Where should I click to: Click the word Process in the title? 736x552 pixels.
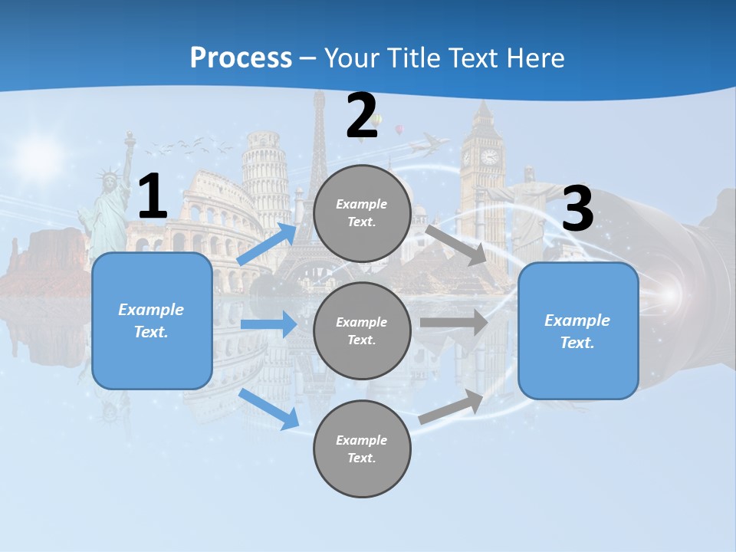click(x=241, y=58)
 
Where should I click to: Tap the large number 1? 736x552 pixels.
click(x=153, y=197)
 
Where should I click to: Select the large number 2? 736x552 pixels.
click(x=362, y=117)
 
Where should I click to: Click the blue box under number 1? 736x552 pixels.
click(x=152, y=320)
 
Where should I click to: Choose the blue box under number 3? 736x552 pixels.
click(x=578, y=331)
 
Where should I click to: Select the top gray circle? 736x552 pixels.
click(x=362, y=213)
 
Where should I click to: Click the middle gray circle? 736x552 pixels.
click(x=362, y=330)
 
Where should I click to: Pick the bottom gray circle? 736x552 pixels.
click(x=362, y=449)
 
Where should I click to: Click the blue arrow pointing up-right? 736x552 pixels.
click(x=267, y=244)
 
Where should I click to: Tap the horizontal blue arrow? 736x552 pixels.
click(x=268, y=324)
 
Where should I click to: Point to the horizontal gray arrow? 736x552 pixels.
click(x=454, y=322)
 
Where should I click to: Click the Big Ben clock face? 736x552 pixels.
click(x=488, y=157)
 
